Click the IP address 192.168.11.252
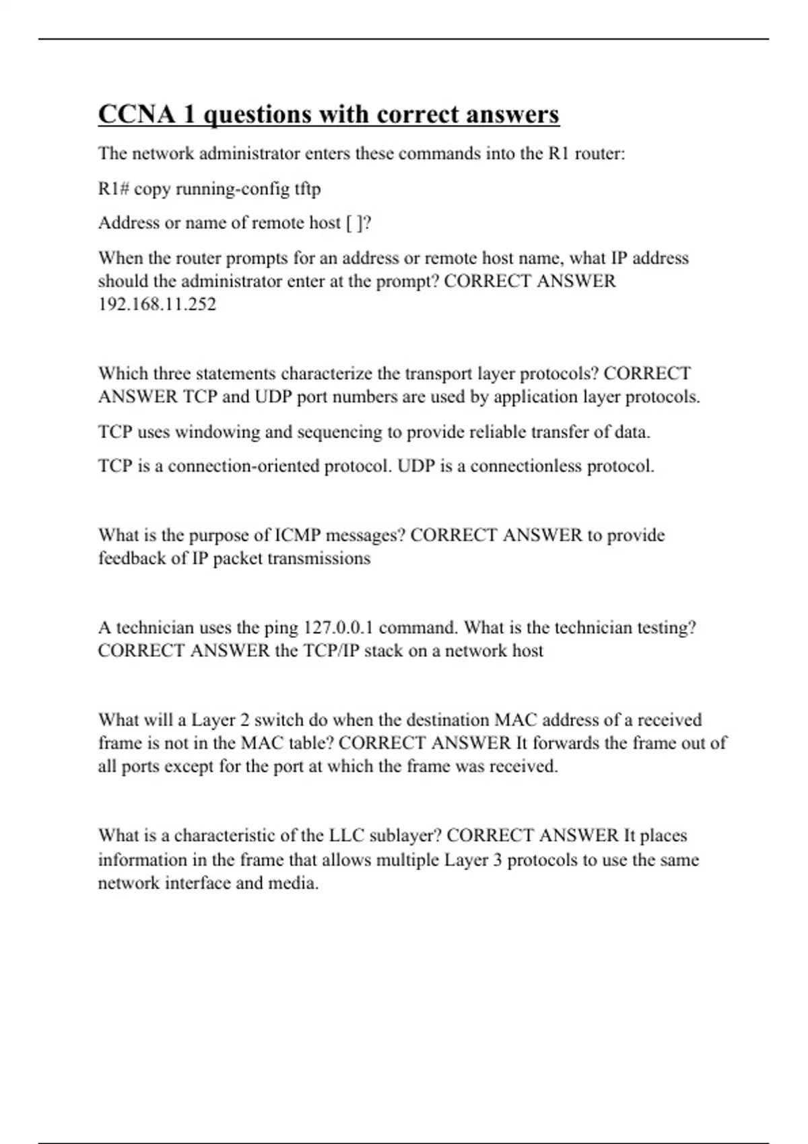pos(157,304)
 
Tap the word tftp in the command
pos(308,188)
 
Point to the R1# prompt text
pos(113,188)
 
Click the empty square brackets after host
pos(354,223)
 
